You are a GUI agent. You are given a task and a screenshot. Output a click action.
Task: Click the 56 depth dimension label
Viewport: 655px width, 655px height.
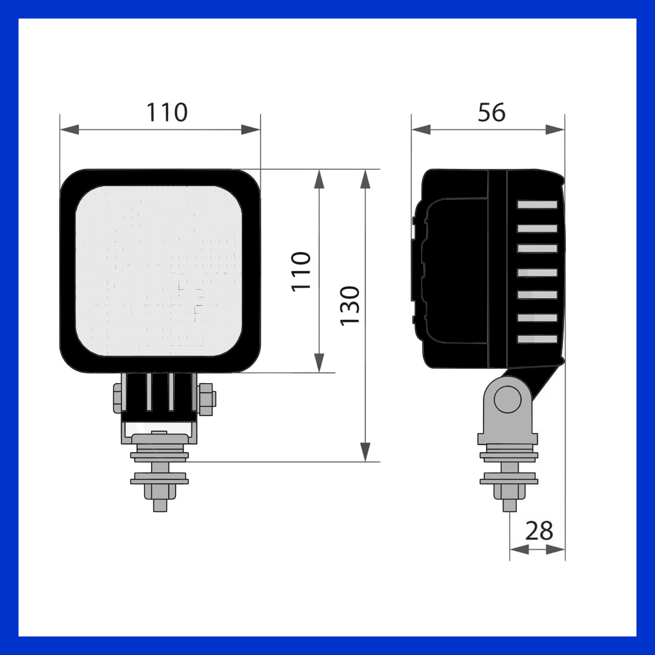pos(492,112)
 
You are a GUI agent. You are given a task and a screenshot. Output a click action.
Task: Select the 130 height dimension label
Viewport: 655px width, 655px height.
pos(350,306)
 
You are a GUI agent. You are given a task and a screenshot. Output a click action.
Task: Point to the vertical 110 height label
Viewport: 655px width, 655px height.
pos(301,271)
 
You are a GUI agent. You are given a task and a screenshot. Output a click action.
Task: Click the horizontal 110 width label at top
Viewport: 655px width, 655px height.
pos(167,112)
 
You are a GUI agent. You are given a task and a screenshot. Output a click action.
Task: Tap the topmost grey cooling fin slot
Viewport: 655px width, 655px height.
pos(538,205)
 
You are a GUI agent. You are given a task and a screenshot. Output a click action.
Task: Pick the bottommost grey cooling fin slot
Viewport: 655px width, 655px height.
pos(538,339)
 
